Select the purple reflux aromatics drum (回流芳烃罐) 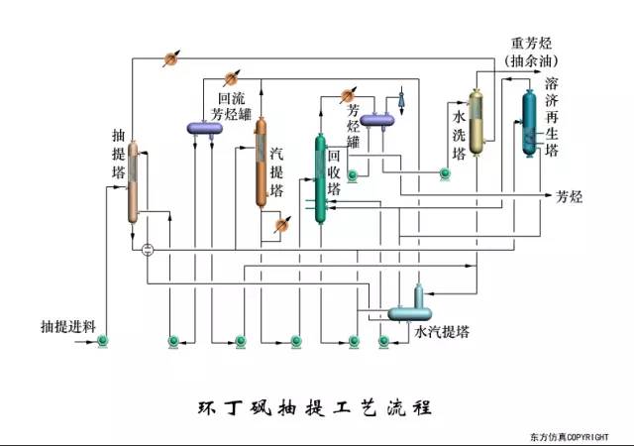[207, 126]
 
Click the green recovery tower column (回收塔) [320, 179]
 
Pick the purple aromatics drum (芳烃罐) [376, 120]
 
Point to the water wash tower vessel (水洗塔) [476, 121]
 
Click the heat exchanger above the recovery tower [348, 95]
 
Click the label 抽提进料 [67, 325]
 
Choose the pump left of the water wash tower [444, 175]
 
